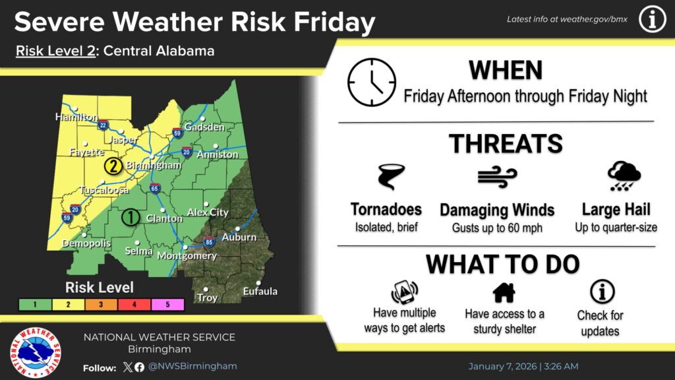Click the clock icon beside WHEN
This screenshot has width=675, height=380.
pos(372,82)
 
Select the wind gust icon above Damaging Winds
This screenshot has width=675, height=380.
pos(497,177)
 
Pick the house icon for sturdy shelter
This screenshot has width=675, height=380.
pos(504,292)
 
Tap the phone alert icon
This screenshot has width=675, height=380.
pos(404,291)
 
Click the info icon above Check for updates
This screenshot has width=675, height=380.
pos(602,291)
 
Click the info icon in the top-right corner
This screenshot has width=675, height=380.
pos(652,20)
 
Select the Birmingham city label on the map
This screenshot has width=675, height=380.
pos(153,165)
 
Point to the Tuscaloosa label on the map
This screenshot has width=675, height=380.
pos(103,190)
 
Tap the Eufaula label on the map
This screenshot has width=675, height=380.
pos(260,291)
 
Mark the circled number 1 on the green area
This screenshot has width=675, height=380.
pos(131,216)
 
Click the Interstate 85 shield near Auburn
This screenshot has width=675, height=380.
pos(209,241)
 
